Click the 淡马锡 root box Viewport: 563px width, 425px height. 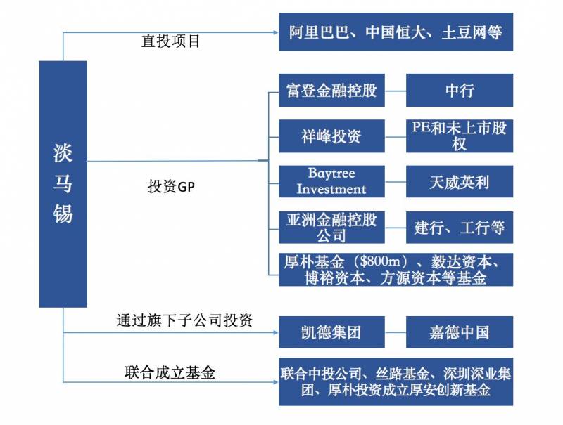63,184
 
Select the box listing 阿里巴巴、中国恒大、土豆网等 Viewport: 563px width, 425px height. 396,32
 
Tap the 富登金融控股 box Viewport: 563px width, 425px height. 331,91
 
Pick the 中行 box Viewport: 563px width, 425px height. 460,91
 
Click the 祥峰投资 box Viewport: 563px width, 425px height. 331,136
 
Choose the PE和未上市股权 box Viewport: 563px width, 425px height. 460,136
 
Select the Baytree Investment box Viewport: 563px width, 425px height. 331,182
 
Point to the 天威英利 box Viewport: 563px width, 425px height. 460,182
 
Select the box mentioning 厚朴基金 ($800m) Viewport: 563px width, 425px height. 396,269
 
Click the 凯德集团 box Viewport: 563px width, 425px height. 331,332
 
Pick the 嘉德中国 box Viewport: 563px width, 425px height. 460,332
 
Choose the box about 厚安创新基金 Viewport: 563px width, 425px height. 396,382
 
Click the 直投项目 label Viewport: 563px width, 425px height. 171,41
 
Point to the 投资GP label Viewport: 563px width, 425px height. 170,187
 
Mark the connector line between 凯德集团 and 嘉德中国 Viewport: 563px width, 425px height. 396,332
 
